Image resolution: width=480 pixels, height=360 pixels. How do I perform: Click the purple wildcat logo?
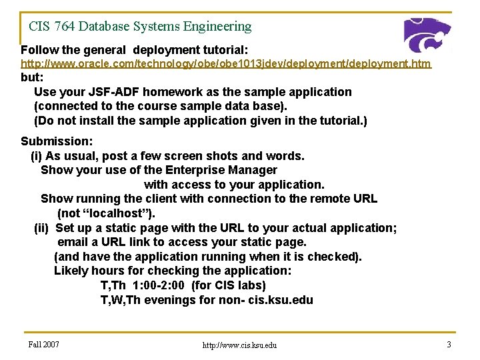tap(427, 35)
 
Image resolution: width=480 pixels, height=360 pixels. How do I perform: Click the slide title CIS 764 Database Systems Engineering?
tap(140, 27)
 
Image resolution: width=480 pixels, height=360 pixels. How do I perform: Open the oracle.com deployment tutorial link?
tap(226, 64)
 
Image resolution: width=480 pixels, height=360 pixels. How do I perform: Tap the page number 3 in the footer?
tap(449, 344)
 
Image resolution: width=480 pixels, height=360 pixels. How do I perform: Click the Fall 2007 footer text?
tap(44, 344)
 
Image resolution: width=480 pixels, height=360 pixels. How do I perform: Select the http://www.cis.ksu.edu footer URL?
tap(239, 345)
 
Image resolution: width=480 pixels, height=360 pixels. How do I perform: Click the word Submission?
tap(57, 141)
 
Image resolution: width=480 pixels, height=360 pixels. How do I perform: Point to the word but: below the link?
tap(33, 77)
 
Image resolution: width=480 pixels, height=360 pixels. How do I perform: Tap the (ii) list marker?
tap(41, 228)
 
